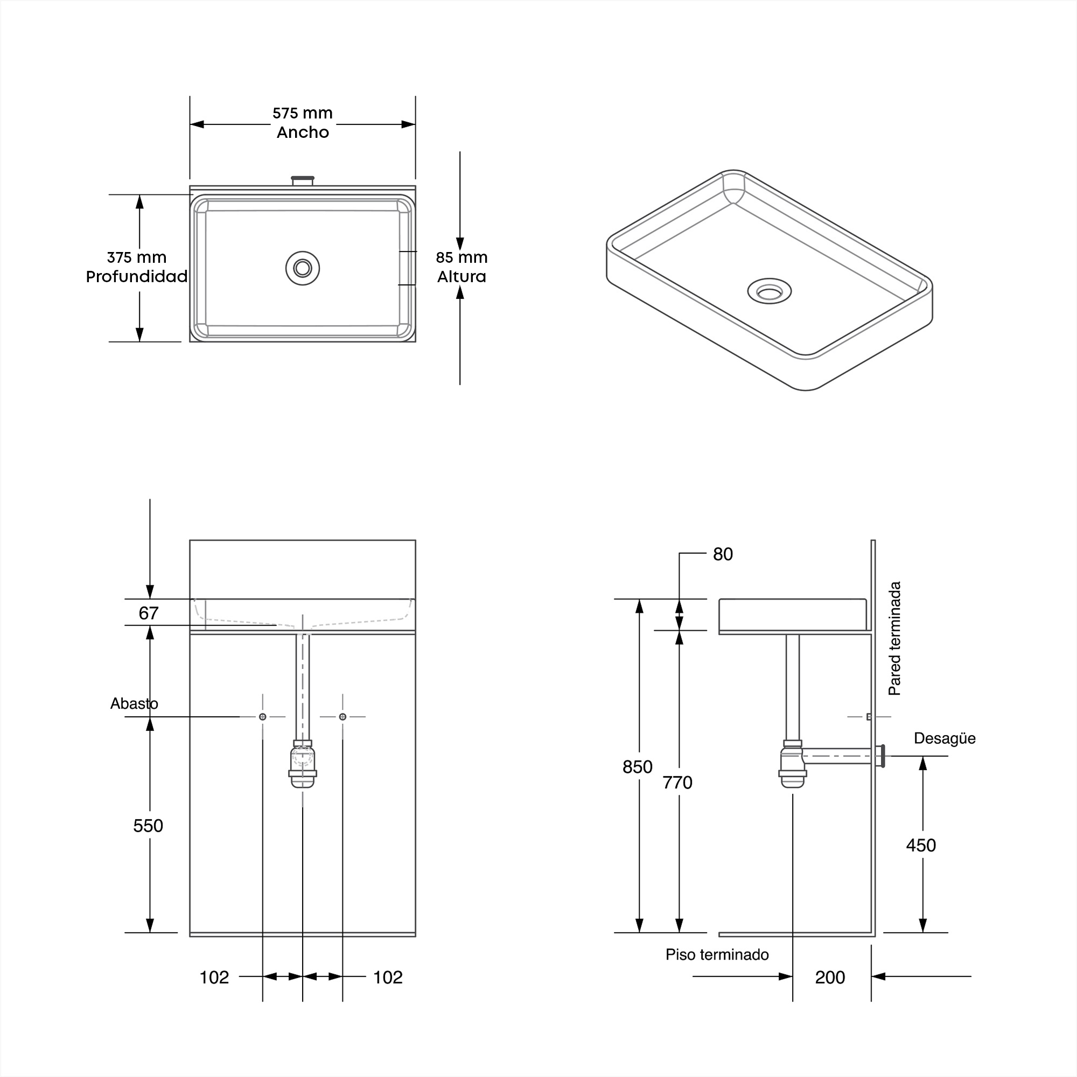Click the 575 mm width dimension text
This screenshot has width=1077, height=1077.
pyautogui.click(x=302, y=113)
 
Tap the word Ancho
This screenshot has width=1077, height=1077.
pyautogui.click(x=303, y=132)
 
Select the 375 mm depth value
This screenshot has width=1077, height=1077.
pyautogui.click(x=137, y=257)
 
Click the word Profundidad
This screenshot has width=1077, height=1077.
pyautogui.click(x=137, y=276)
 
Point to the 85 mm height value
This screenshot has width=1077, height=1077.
pyautogui.click(x=461, y=257)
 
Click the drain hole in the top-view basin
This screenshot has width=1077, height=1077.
pyautogui.click(x=303, y=268)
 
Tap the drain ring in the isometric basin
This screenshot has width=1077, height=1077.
pyautogui.click(x=770, y=291)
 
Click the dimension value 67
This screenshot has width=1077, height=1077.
pyautogui.click(x=148, y=613)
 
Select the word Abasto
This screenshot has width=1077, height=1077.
pyautogui.click(x=134, y=703)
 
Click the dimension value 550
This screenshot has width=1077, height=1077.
pyautogui.click(x=148, y=826)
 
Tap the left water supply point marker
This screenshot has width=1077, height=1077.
pyautogui.click(x=263, y=717)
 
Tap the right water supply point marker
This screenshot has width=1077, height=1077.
pyautogui.click(x=343, y=717)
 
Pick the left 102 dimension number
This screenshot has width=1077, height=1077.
pyautogui.click(x=214, y=977)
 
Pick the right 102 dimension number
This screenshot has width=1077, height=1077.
pyautogui.click(x=387, y=977)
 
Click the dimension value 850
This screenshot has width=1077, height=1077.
pyautogui.click(x=637, y=767)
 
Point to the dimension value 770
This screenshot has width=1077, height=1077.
pyautogui.click(x=677, y=782)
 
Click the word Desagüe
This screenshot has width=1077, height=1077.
pyautogui.click(x=945, y=739)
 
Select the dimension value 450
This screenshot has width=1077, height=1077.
pyautogui.click(x=921, y=845)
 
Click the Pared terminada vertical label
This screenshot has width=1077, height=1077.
pyautogui.click(x=894, y=638)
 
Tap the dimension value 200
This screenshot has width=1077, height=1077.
pyautogui.click(x=830, y=977)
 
